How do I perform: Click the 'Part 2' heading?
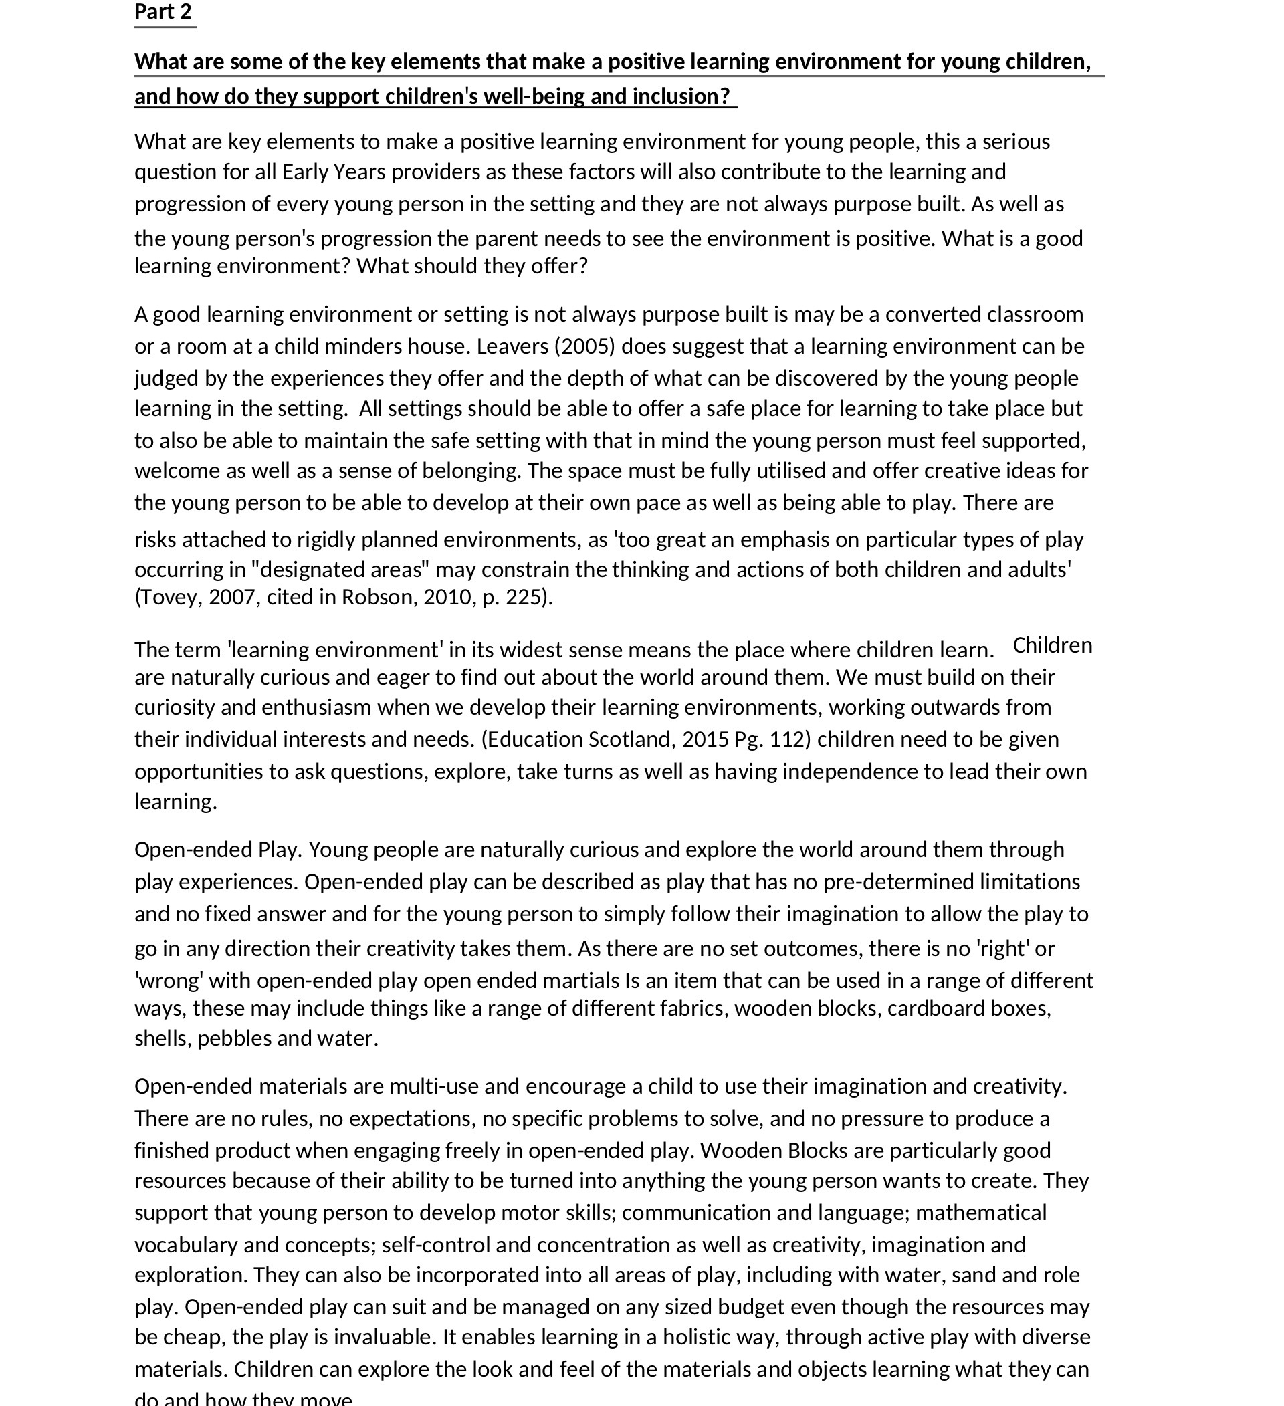tap(163, 12)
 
